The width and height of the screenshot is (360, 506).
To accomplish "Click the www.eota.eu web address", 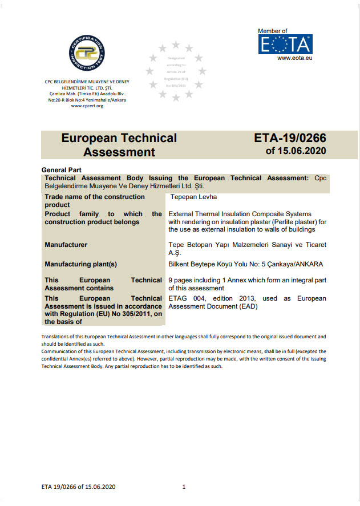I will (x=294, y=58).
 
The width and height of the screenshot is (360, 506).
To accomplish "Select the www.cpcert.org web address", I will (x=87, y=106).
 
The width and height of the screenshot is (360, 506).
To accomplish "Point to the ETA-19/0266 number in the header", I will (x=290, y=138).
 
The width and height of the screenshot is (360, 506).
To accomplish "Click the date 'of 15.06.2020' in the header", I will (x=296, y=151).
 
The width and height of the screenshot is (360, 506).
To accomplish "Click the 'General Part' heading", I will (x=62, y=170).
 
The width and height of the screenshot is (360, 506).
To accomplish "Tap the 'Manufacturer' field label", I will (x=66, y=245).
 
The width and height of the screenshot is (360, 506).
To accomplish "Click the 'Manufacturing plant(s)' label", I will (x=80, y=264).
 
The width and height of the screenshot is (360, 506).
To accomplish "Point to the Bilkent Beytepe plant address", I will (x=246, y=264).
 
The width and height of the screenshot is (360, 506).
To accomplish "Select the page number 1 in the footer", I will (x=184, y=487).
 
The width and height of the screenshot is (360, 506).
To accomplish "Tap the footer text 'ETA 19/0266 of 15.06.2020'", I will (x=79, y=487).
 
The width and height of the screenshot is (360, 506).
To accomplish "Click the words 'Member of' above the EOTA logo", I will (x=273, y=31).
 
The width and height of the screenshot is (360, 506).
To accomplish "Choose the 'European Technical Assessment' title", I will (x=119, y=145).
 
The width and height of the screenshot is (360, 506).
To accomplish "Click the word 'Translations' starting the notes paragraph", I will (x=55, y=337).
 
